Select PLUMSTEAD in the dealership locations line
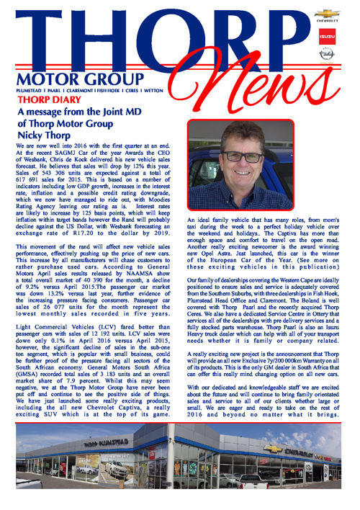33,91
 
